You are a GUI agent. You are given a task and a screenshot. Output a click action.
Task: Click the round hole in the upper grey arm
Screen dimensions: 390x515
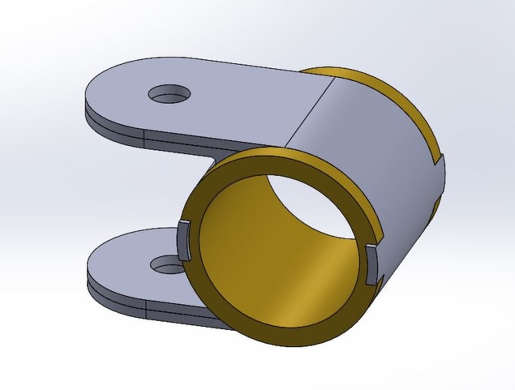point(169,93)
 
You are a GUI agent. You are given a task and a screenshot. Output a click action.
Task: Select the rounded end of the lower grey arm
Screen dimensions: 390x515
point(99,262)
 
